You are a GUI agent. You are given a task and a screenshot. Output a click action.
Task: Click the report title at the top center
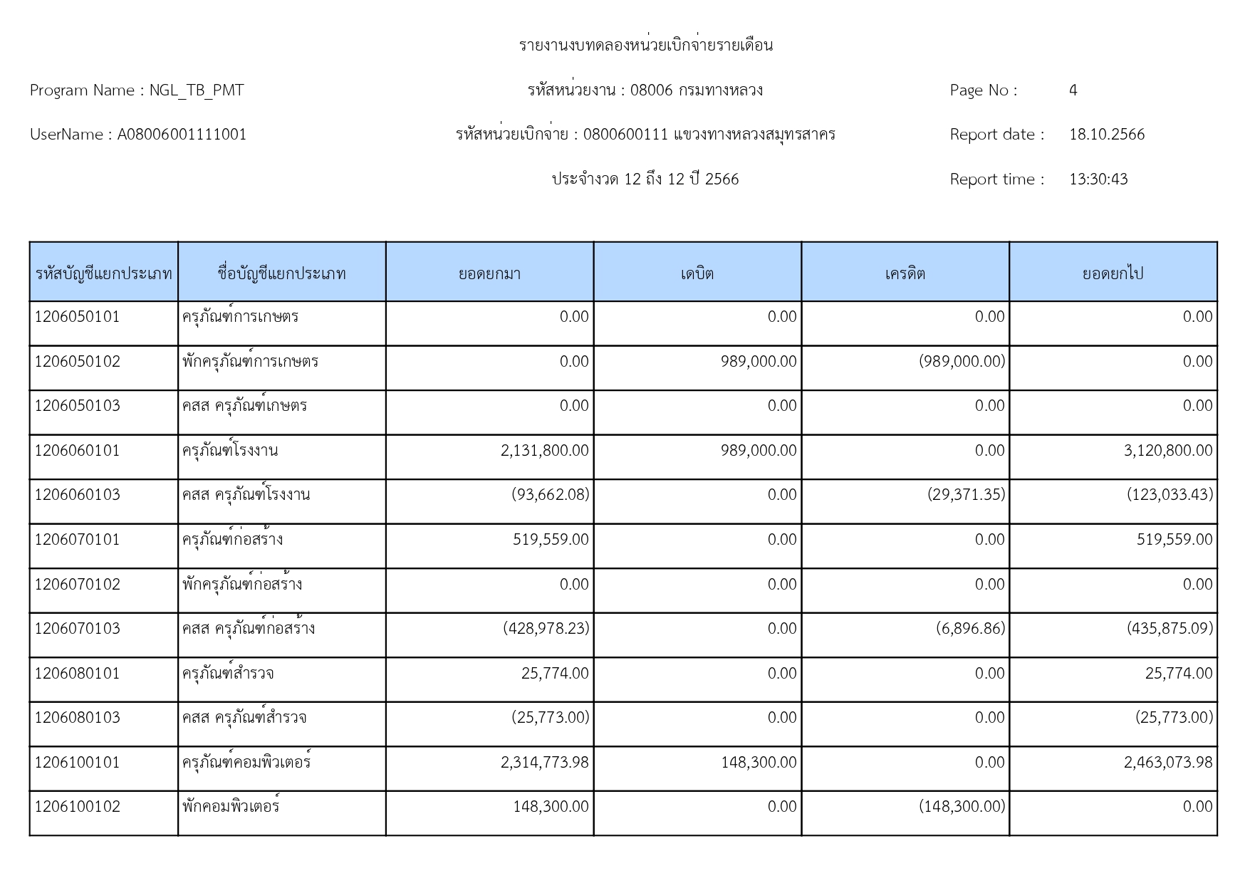point(645,46)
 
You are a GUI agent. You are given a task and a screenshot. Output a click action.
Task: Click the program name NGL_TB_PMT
point(196,90)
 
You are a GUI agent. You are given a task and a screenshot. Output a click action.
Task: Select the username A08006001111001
point(182,135)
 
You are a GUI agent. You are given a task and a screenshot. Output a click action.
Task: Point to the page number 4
point(1073,90)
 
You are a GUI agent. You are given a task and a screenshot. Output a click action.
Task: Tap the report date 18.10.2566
point(1106,135)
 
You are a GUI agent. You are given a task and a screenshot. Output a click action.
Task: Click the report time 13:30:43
point(1098,179)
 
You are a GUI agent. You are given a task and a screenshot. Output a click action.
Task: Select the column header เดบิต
point(697,273)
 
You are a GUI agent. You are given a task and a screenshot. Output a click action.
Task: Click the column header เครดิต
point(905,273)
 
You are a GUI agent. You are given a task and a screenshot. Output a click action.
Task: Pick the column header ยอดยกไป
point(1113,273)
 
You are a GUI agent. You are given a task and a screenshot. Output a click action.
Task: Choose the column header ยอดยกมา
point(489,273)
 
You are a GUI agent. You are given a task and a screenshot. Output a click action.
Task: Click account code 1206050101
point(78,317)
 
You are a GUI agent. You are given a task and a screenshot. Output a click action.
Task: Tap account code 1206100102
point(78,807)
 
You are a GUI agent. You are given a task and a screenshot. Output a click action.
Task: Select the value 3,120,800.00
point(1167,451)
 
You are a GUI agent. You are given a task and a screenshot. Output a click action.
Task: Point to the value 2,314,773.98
point(544,763)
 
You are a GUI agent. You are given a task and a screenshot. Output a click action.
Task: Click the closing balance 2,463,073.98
point(1167,763)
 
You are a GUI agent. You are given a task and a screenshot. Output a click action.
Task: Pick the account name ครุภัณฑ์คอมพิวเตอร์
point(246,763)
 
